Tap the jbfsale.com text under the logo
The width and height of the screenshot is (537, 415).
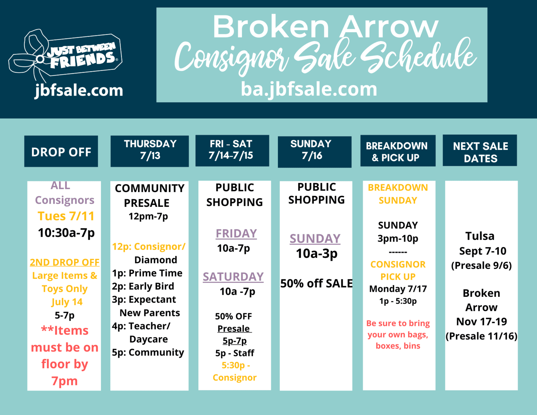pos(79,91)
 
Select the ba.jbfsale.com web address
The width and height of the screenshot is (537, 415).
pos(309,89)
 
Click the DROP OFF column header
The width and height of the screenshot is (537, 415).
pos(61,151)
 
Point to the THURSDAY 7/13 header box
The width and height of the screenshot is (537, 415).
pos(150,151)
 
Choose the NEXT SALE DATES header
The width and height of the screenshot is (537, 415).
pos(480,150)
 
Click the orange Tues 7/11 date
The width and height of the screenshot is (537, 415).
pos(66,216)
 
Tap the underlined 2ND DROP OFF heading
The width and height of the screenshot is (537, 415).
pos(64,263)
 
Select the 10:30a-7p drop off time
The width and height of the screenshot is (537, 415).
pos(66,233)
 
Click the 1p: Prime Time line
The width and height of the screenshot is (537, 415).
pos(147,273)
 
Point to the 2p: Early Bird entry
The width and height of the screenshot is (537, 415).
pos(143,286)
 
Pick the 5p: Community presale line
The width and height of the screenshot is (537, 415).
pos(148,353)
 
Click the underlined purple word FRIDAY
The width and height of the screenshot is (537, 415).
pos(236,234)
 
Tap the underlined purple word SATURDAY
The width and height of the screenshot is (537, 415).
pos(233,277)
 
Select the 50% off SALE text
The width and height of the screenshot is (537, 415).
pos(316,283)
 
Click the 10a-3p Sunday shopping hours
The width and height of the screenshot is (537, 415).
pos(316,254)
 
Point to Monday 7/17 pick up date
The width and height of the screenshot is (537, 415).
pos(398,289)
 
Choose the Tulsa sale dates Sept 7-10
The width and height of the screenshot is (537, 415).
pos(483,251)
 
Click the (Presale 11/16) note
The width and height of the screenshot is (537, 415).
pos(481,336)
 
